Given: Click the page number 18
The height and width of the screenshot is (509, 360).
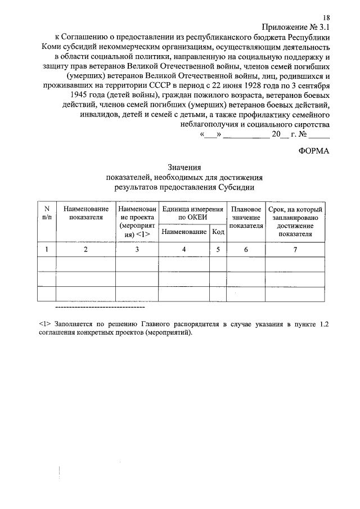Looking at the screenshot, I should coord(326,19).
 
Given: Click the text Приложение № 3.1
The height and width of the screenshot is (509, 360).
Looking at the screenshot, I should coord(296,27).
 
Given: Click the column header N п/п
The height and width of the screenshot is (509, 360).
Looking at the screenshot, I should coord(47,213).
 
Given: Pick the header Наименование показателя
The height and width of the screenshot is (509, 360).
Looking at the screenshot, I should coord(86,213).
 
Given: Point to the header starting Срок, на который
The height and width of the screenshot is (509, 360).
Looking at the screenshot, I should coord(295,209).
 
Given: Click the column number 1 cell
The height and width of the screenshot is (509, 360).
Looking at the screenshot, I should coord(47,249).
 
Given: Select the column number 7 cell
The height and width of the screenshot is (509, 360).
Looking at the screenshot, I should coord(295,249).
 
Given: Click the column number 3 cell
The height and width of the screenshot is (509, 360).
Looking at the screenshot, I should coord(137,249).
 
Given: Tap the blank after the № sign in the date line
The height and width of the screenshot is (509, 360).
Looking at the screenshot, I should coord(318,135).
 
